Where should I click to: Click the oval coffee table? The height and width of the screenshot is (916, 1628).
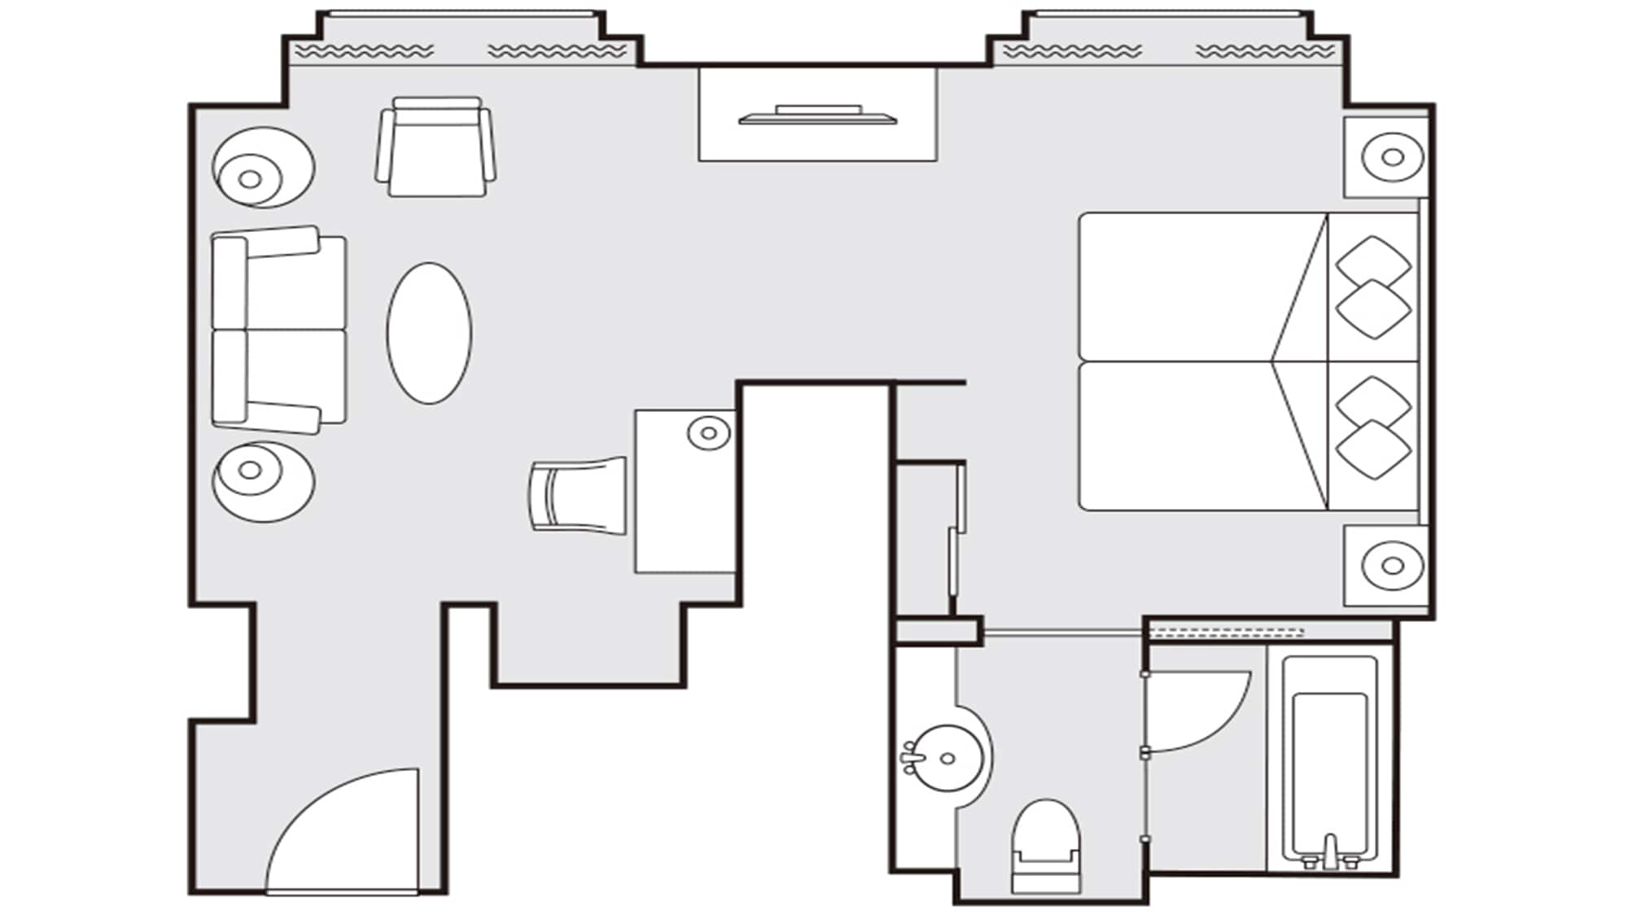coord(429,333)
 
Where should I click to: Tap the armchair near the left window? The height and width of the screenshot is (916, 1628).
coord(435,148)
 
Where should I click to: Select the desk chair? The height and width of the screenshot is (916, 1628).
coord(579,495)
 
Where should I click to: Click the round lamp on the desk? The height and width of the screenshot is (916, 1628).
coord(708,432)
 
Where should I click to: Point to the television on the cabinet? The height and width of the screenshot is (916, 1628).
coord(817,116)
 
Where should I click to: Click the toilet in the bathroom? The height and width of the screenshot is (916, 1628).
coord(1046,847)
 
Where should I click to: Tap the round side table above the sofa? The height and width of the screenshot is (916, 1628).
coord(262,168)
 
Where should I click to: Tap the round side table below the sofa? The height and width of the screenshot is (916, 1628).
coord(262,481)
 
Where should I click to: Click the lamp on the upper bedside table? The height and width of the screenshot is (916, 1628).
coord(1392,157)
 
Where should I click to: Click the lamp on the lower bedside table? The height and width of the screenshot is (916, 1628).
coord(1392,565)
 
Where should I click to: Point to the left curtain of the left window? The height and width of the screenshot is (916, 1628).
coord(364,51)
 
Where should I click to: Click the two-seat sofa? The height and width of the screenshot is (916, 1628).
coord(278,330)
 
